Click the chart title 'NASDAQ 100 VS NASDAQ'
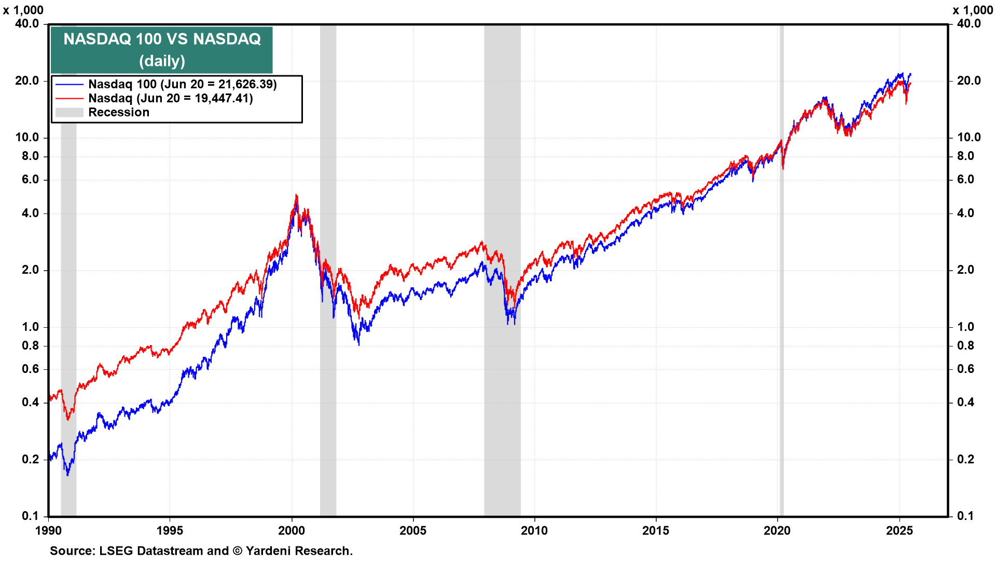[162, 39]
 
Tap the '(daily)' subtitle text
[162, 61]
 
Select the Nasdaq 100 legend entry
[182, 84]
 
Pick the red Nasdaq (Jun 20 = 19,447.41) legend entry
[170, 98]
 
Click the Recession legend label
[119, 112]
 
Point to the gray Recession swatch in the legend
[69, 112]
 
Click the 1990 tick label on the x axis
[48, 530]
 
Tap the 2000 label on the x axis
[292, 530]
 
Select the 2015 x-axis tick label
[656, 530]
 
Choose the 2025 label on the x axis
[899, 530]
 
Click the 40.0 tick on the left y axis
[27, 23]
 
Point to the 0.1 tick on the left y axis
[30, 516]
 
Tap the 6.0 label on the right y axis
[965, 179]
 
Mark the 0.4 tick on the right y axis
[965, 402]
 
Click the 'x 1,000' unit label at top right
[973, 10]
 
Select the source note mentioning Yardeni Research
[201, 551]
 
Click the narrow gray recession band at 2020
[781, 312]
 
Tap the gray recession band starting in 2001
[328, 416]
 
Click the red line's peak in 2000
[296, 195]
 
